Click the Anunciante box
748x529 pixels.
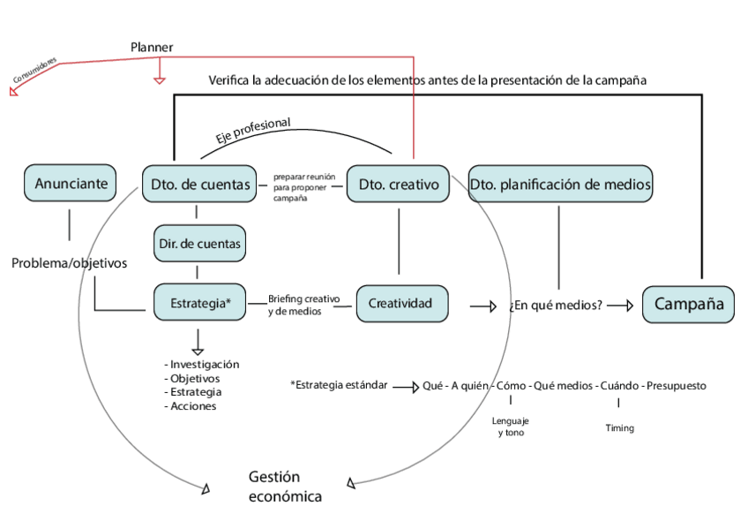tap(71, 184)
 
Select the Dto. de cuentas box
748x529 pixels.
tap(198, 185)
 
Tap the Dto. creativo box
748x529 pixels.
tap(399, 185)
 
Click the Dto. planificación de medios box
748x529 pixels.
tap(560, 185)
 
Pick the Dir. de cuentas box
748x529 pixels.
tap(198, 243)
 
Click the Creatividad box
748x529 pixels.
tap(400, 303)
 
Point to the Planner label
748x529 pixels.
tap(152, 47)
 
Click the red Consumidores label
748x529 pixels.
tap(35, 73)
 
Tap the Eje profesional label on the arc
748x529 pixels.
tap(253, 130)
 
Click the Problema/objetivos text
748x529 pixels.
tap(70, 263)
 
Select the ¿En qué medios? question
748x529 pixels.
tap(556, 306)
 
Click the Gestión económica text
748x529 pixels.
tap(285, 486)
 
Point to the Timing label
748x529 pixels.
tap(619, 428)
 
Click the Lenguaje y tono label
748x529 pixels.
tap(511, 427)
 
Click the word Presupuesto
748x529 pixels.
tap(676, 386)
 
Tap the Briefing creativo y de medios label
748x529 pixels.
tap(303, 305)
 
